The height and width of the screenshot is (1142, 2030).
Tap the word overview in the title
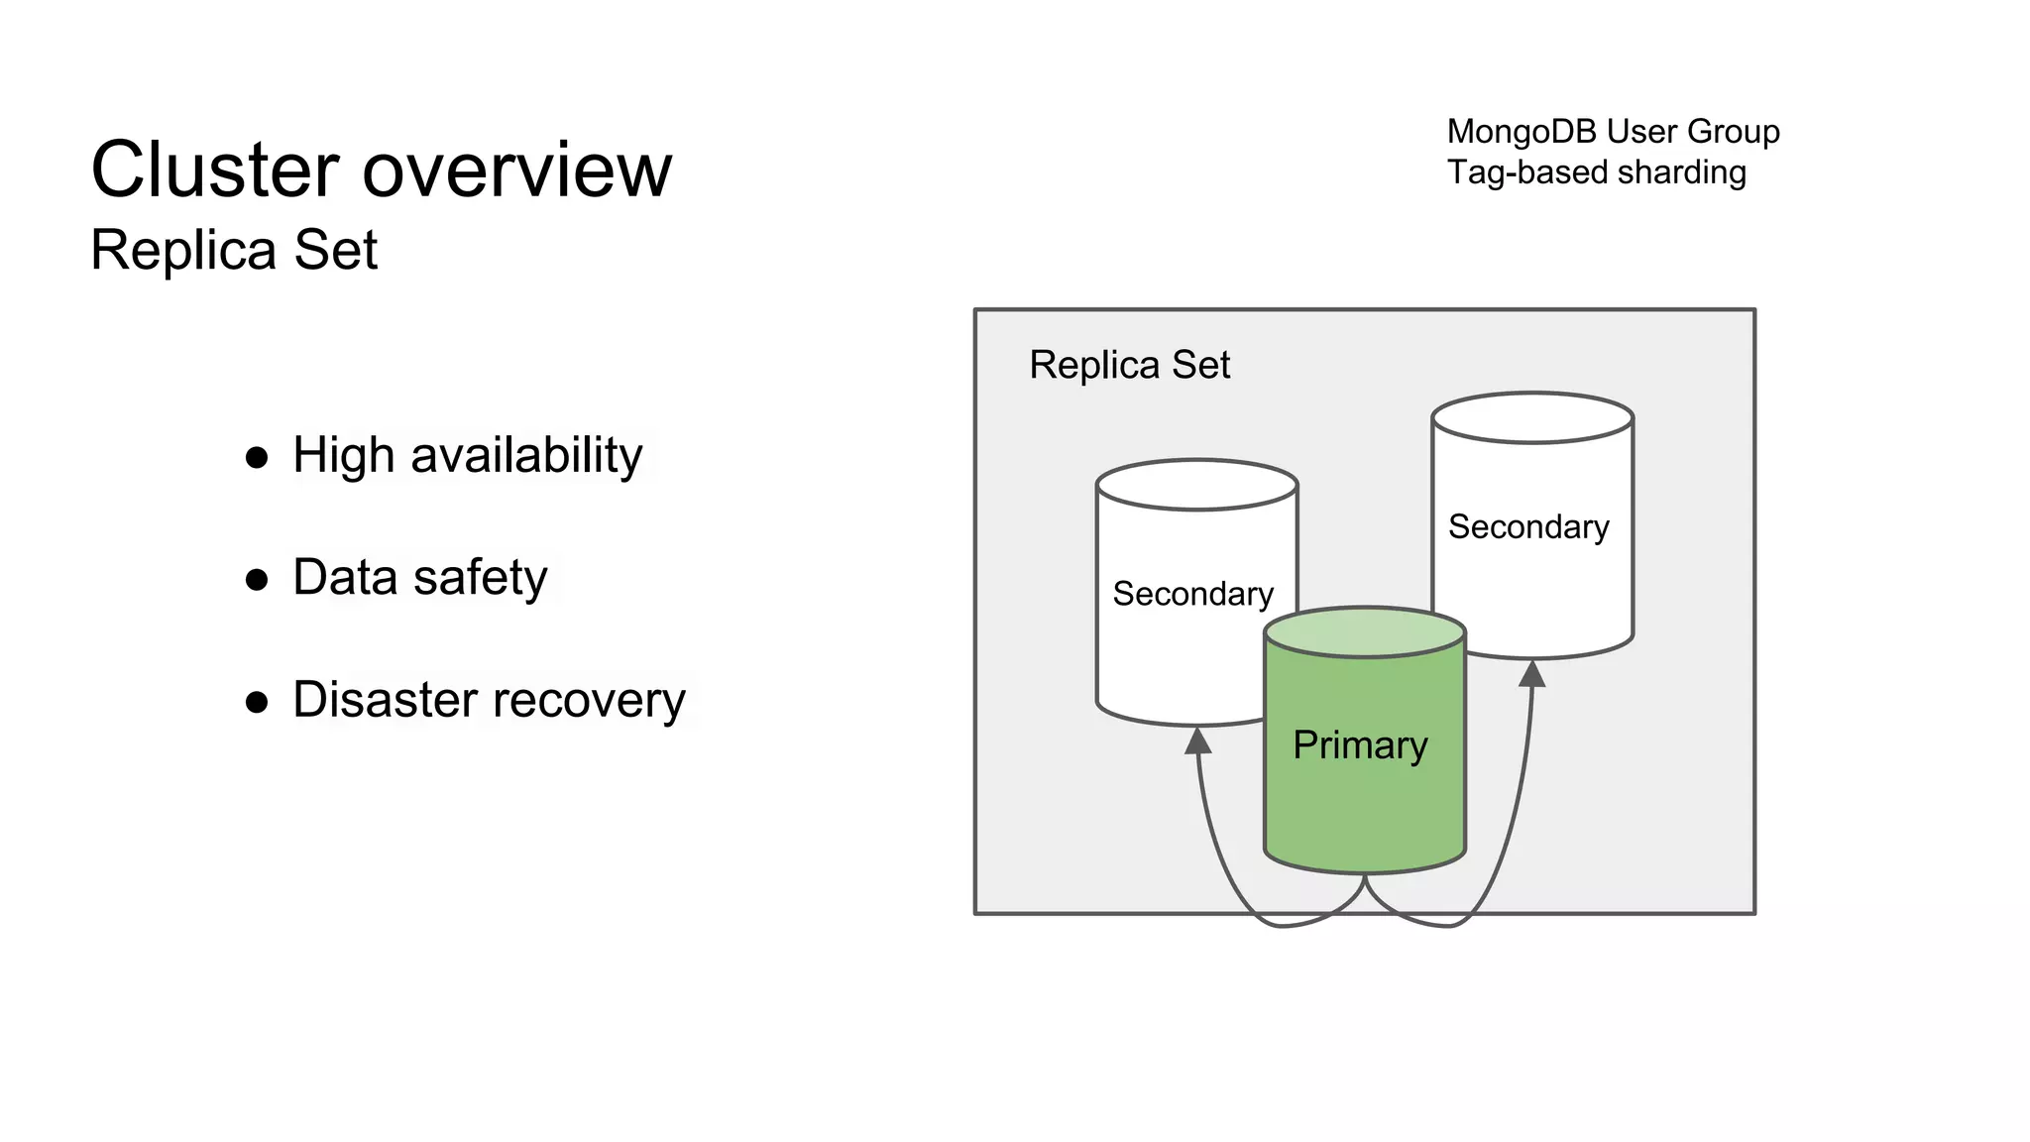[516, 170]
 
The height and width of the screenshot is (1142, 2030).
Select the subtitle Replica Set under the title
[234, 249]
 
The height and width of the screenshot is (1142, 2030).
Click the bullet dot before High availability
[257, 457]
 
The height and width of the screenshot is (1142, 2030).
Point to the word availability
[526, 456]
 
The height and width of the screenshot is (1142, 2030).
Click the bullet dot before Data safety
[257, 579]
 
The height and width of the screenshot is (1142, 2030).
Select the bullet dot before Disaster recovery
[257, 702]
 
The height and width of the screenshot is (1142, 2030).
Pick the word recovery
[593, 700]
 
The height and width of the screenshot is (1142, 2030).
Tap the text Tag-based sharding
[1596, 172]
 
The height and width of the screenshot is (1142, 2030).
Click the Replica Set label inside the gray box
[1129, 365]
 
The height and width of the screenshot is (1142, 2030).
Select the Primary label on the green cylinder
[1360, 744]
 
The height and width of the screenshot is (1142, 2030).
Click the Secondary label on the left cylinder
[1192, 594]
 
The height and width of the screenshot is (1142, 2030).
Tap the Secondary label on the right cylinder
[1528, 526]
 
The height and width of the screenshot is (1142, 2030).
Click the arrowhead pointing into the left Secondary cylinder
[1198, 741]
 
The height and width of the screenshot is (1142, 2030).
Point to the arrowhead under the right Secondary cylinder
[1532, 674]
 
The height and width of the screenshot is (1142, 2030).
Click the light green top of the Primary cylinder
[1365, 632]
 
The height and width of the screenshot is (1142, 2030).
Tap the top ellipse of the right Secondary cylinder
[1532, 417]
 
